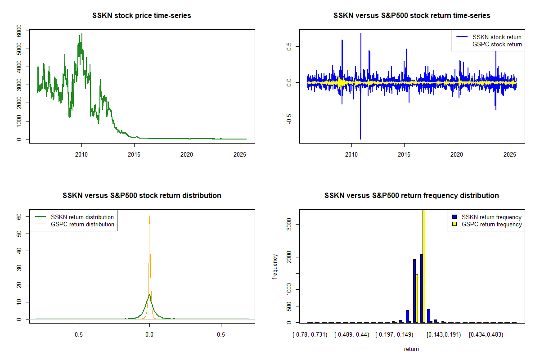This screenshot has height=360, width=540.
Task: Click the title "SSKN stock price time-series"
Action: (142, 16)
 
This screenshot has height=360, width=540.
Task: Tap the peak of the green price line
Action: (81, 34)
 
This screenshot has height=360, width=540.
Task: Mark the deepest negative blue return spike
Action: (360, 139)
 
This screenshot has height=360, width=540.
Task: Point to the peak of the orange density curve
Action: (149, 216)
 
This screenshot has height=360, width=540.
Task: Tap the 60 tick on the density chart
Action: (19, 216)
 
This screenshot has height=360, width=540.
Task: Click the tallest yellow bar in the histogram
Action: (423, 265)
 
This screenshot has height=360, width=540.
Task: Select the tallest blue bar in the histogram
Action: (421, 288)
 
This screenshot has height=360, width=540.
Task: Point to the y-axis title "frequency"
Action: (275, 267)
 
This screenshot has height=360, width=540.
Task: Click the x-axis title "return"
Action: (411, 349)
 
